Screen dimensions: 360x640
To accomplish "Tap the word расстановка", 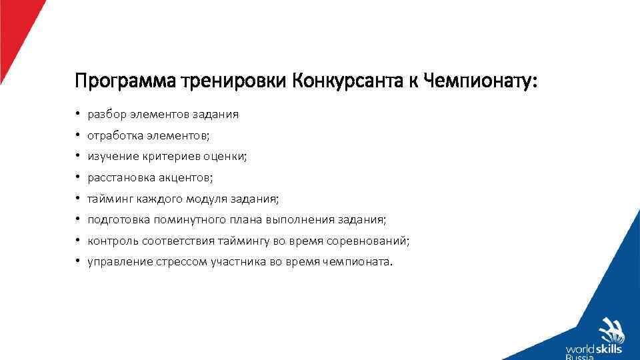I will pyautogui.click(x=121, y=178).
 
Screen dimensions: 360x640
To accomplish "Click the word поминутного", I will pyautogui.click(x=183, y=220).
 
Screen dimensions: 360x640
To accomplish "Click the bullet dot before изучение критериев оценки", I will pyautogui.click(x=78, y=157).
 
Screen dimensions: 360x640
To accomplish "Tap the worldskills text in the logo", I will pyautogui.click(x=595, y=348).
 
